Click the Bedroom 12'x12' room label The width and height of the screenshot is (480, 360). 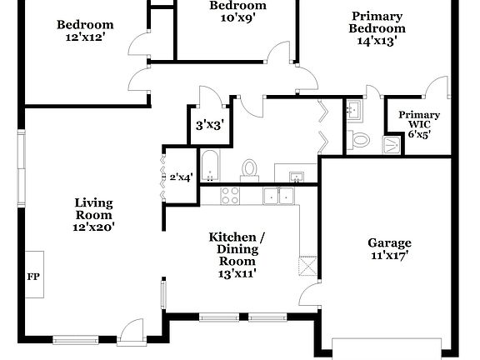point(84,31)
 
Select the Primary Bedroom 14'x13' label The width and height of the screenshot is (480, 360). point(377,27)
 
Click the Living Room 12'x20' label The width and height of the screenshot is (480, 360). point(93,213)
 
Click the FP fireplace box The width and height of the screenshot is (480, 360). point(33,275)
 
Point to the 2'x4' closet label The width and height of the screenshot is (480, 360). point(181,177)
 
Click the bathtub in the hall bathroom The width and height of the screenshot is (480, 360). point(209,165)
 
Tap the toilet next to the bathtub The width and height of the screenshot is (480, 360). point(248,169)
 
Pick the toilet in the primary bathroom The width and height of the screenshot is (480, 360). point(360,140)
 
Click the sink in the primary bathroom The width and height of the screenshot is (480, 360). point(353,110)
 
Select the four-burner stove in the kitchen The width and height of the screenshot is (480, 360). point(229,196)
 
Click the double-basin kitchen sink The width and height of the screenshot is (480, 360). point(277,196)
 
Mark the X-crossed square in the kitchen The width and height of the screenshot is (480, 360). point(307,266)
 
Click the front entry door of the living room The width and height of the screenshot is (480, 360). point(131,334)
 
